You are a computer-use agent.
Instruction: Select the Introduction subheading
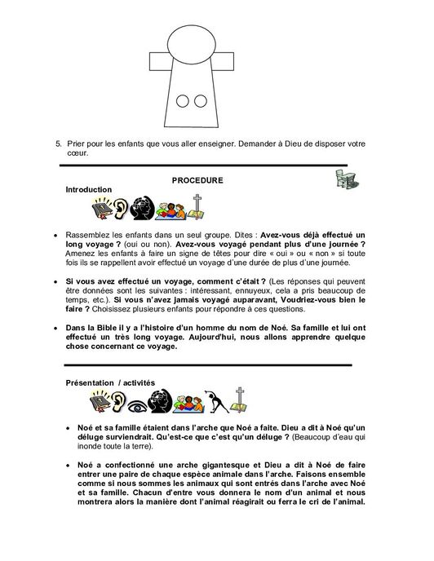click(x=88, y=189)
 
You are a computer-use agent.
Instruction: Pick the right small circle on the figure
click(x=200, y=102)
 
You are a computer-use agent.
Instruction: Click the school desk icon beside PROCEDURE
click(x=347, y=184)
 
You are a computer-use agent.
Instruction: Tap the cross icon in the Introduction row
click(x=196, y=208)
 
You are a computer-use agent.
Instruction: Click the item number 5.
click(x=58, y=143)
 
